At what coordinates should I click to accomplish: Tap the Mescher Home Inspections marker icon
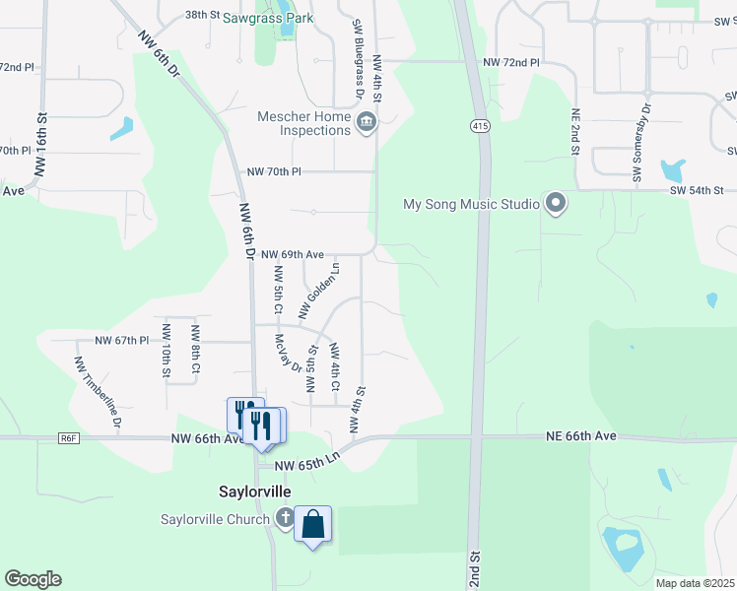367,122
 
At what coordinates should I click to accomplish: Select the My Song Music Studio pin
556,204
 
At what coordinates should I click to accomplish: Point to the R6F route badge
68,438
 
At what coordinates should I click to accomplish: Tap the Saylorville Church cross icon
286,517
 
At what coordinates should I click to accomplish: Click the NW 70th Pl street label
273,171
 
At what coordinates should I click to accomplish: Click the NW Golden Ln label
319,290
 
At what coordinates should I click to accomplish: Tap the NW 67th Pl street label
121,340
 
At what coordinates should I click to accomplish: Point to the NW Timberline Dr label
97,391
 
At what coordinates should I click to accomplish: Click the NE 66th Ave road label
581,435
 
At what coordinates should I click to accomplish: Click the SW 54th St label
697,189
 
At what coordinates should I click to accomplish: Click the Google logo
33,579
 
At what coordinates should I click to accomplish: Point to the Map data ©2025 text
695,583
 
